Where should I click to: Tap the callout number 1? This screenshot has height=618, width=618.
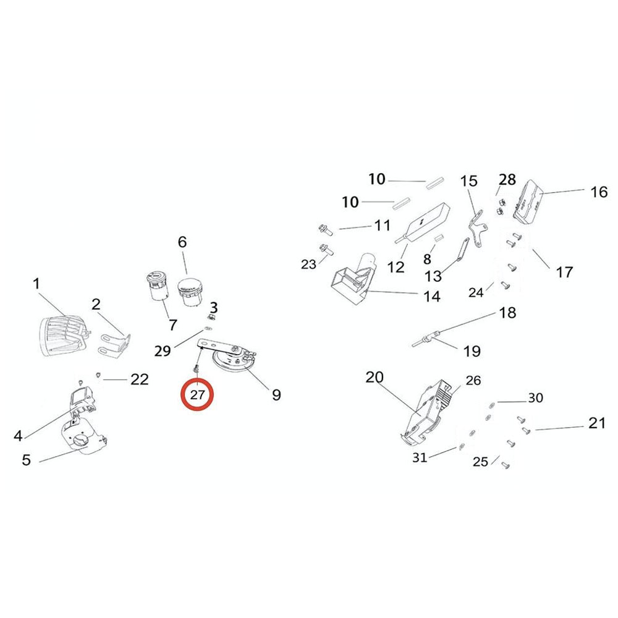(36, 284)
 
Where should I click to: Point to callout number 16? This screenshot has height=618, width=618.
(599, 192)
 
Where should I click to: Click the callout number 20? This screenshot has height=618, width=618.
(375, 378)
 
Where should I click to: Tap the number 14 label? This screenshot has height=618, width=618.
(432, 297)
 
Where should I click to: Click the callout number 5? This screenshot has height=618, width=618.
(26, 460)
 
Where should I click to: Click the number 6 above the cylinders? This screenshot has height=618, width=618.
(182, 242)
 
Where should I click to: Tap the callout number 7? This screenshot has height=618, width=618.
(172, 324)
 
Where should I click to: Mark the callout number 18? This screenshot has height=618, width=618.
(507, 313)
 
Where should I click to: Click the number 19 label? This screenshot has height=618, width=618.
(472, 352)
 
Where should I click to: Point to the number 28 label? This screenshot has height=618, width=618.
(507, 180)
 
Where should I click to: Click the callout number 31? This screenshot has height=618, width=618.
(420, 457)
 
